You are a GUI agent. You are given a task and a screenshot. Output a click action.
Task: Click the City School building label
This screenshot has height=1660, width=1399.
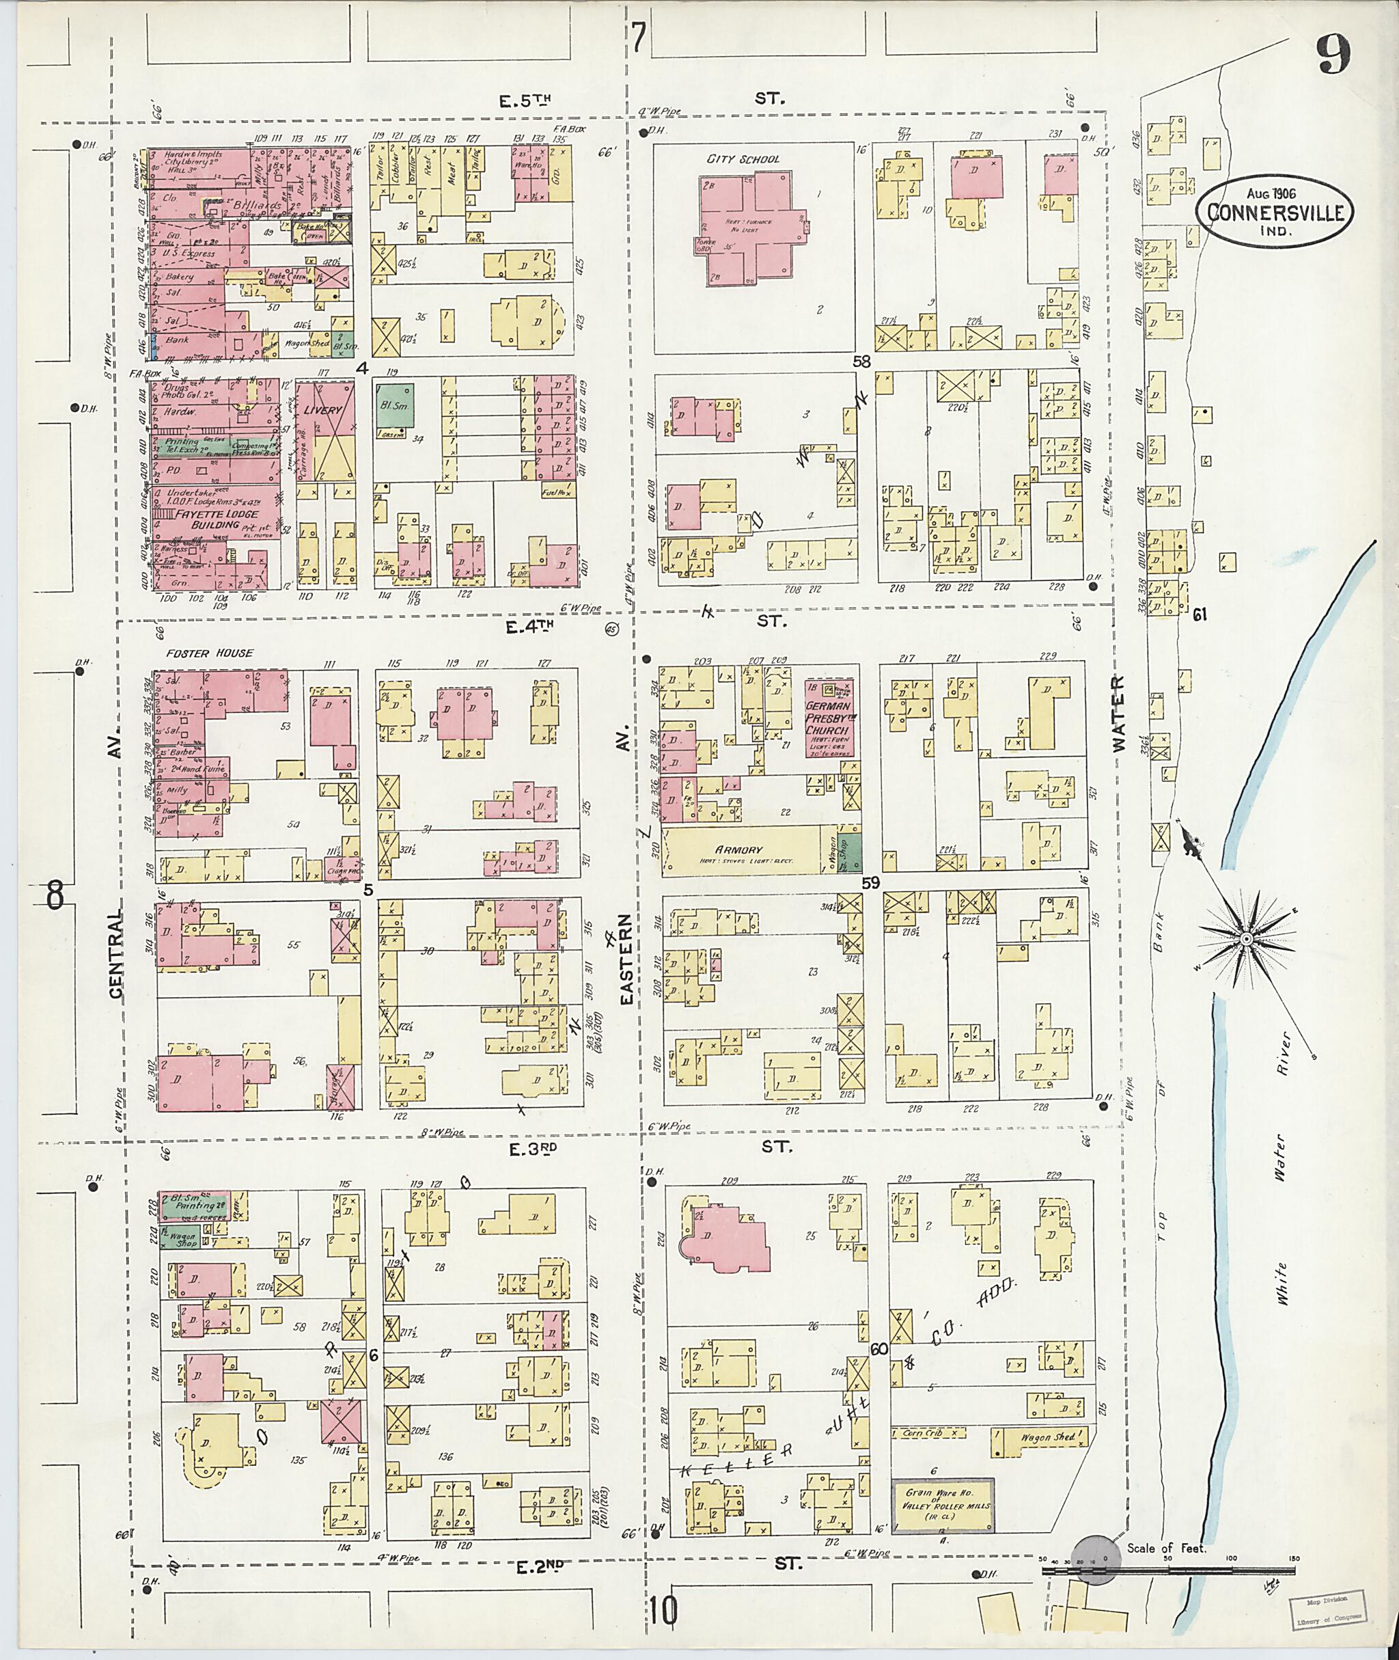click(743, 159)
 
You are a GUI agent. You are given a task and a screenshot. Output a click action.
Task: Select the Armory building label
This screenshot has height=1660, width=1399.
click(738, 849)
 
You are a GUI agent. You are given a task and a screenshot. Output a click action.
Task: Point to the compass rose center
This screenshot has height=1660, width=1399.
click(1246, 939)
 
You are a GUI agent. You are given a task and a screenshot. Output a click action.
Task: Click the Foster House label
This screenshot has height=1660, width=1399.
click(210, 653)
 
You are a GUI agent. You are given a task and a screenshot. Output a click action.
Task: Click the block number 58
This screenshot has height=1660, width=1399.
click(862, 362)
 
